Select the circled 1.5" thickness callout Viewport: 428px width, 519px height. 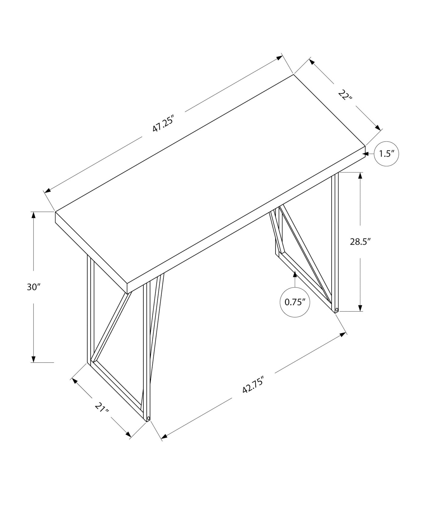coord(386,154)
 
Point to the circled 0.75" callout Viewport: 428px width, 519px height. coord(295,302)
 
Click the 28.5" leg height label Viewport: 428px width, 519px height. coord(360,242)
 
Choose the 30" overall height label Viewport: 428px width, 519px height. coord(34,287)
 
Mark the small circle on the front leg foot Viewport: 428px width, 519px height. coord(148,425)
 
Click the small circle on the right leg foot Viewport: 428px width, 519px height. coord(337,310)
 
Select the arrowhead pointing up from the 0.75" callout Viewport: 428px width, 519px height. coord(295,274)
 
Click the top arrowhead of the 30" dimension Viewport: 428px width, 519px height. coord(34,215)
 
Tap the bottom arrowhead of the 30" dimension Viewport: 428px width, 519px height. coord(34,359)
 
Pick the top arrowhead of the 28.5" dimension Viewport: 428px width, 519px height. coord(360,175)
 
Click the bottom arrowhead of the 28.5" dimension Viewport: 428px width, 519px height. coord(360,308)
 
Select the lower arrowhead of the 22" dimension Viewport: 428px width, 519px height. coord(378,128)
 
